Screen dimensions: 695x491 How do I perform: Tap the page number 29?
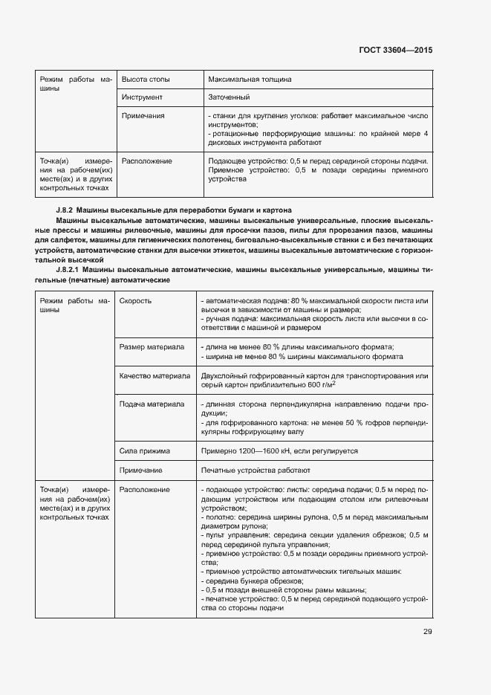pyautogui.click(x=427, y=632)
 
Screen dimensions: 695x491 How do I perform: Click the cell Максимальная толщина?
pyautogui.click(x=250, y=79)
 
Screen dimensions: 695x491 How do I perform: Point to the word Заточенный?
pyautogui.click(x=229, y=97)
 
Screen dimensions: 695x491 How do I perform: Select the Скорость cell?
pyautogui.click(x=137, y=301)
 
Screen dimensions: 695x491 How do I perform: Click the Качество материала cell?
pyautogui.click(x=155, y=376)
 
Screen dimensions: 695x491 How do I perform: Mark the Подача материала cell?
pyautogui.click(x=152, y=404)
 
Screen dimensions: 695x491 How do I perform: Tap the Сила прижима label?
pyautogui.click(x=145, y=451)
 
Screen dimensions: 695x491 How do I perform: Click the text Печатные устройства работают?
pyautogui.click(x=256, y=471)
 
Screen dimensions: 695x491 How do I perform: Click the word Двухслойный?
pyautogui.click(x=225, y=376)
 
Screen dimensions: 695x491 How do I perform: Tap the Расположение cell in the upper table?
pyautogui.click(x=146, y=161)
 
